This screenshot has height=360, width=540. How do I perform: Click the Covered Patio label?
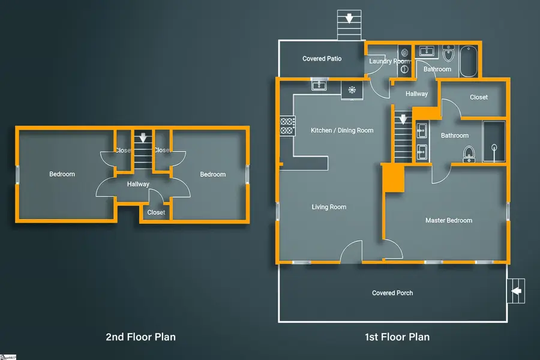pos(322,59)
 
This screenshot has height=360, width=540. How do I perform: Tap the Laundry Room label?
pos(389,61)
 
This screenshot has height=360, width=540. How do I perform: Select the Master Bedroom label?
pos(448,220)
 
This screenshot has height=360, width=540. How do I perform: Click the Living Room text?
pos(329,207)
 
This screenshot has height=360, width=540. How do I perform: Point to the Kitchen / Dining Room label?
pos(342,130)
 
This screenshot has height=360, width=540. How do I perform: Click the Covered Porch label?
pos(392,293)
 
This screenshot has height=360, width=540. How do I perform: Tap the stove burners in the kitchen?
pos(287,125)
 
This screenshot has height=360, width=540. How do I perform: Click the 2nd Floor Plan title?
pos(140,337)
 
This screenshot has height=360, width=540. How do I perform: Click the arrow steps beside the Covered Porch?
pos(516,292)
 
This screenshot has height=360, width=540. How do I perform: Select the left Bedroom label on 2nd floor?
pos(62,174)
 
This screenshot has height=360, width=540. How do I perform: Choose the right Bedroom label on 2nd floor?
pos(212,174)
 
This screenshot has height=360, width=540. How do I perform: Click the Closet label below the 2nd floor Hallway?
pos(156,212)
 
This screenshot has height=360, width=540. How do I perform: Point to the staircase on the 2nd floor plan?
pos(143,153)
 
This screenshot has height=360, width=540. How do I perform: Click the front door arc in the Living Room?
pos(352,252)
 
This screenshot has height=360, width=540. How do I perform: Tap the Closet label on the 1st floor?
pos(478,97)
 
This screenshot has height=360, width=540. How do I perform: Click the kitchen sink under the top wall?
pos(318,86)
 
